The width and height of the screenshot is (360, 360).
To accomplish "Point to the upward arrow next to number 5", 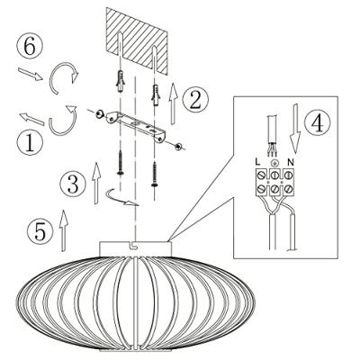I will pos(63,230).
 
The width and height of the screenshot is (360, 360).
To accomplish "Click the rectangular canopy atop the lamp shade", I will pos(133,248).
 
